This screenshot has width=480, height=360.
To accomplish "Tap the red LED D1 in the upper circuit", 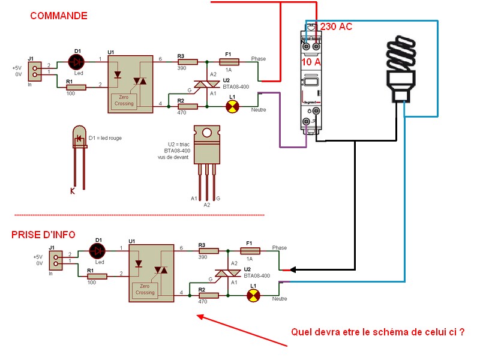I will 77,61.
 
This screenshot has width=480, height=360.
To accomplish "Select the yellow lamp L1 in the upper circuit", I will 232,106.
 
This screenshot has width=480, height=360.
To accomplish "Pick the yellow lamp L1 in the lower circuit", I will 254,295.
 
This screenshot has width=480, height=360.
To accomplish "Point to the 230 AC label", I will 337,27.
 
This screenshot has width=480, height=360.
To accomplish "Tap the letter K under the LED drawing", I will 73,191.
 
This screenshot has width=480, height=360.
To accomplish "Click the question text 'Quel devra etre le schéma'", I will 377,331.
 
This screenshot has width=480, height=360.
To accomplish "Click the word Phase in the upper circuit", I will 258,59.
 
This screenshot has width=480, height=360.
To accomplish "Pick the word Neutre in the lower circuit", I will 280,298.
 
